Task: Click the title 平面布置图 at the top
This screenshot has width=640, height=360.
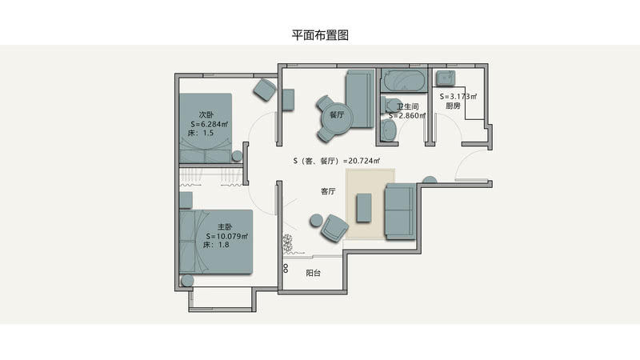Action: coord(320,35)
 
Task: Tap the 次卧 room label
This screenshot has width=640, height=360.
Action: coord(206,114)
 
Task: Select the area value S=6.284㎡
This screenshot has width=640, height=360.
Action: coord(210,124)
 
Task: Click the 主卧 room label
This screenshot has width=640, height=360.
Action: coord(225,226)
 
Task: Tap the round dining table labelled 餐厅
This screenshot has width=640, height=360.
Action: coord(335,114)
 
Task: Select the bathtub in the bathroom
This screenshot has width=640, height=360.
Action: coord(403,81)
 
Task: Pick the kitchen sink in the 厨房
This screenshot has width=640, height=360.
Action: coord(445,78)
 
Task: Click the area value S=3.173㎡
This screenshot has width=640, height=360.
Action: coord(458,96)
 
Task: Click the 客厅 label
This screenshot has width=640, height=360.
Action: coord(327,192)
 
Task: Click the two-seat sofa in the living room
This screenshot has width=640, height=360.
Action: coord(399,211)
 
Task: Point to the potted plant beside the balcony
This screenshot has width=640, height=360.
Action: coord(287,242)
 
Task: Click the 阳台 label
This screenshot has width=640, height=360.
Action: coord(314,273)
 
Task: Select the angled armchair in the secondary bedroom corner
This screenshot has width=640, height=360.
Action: coord(264,89)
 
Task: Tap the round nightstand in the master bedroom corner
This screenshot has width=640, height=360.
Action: coord(188,280)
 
